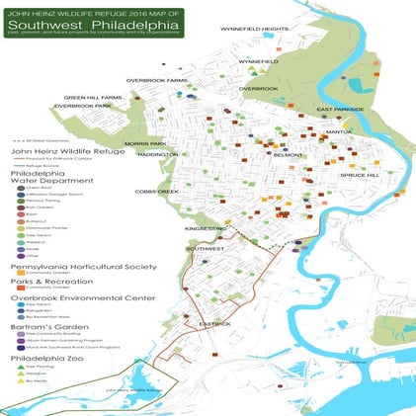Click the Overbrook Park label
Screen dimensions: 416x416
click(x=82, y=106)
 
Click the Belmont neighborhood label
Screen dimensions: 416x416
click(x=288, y=155)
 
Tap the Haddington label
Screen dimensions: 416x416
click(x=157, y=154)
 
